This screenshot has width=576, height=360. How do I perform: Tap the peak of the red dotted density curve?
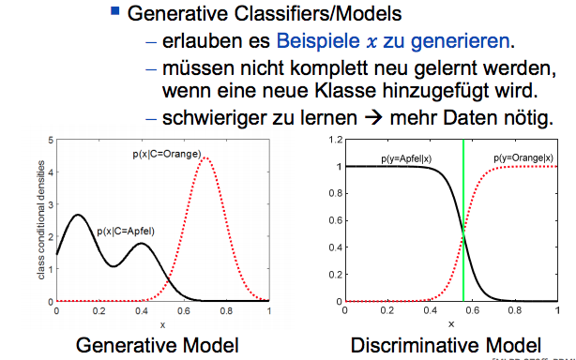point(205,158)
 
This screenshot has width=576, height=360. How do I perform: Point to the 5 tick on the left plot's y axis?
point(50,140)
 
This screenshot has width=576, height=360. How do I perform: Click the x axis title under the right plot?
point(450,323)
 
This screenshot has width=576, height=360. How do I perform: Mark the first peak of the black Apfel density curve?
point(78,215)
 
